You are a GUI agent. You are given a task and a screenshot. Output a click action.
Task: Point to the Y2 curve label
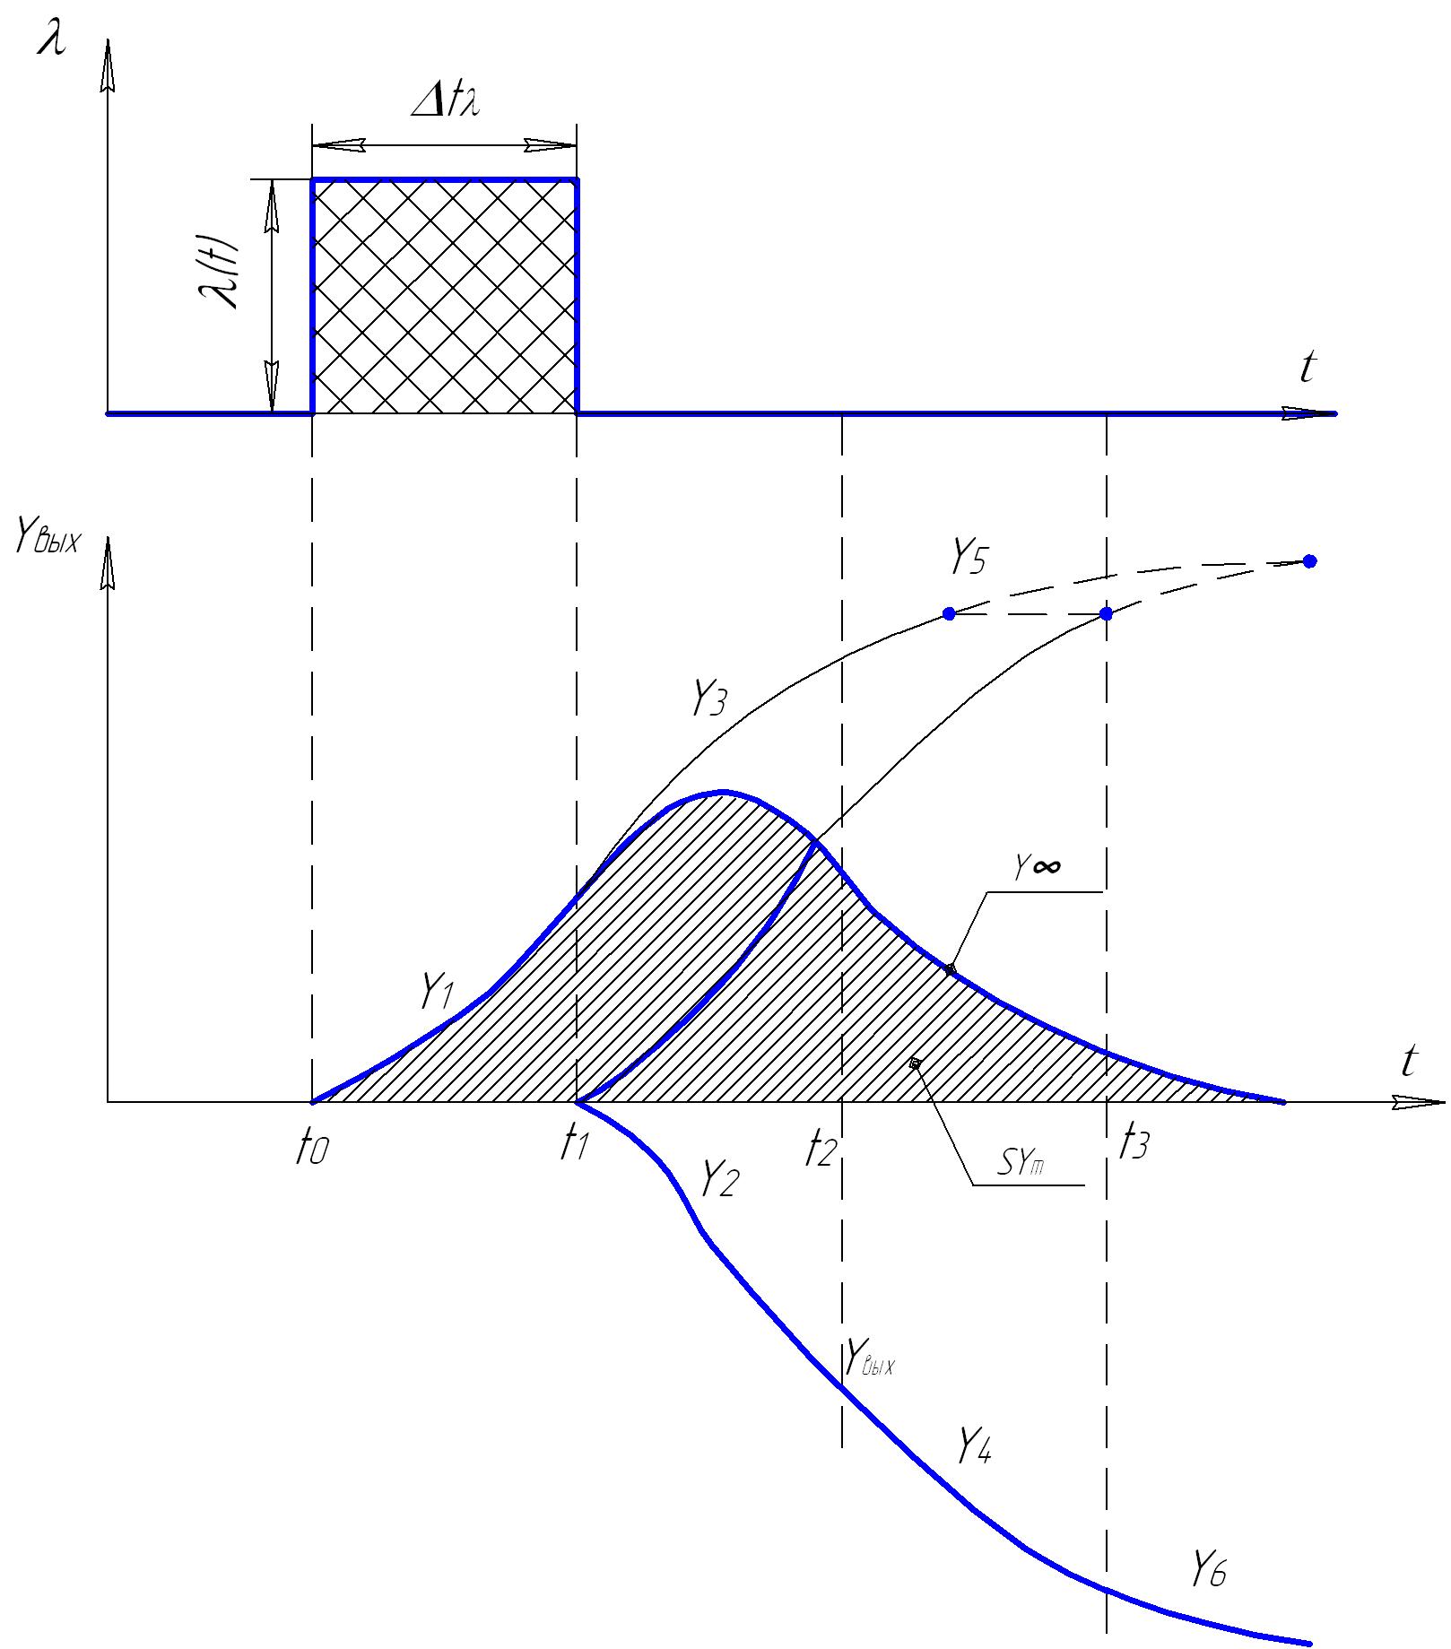718,1178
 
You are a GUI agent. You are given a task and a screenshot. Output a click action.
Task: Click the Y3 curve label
708,699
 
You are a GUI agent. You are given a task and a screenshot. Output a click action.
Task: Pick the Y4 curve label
973,1445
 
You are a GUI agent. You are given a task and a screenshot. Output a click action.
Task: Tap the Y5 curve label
969,558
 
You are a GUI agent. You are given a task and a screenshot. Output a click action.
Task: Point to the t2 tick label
821,1148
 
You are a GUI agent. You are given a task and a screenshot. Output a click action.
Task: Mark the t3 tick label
1133,1145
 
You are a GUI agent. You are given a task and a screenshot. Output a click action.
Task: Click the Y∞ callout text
1038,866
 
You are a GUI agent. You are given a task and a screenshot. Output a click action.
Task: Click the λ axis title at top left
51,40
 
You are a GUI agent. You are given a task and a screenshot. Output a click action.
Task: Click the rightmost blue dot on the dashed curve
1309,561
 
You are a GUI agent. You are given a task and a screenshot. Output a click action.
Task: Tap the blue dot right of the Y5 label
949,614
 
